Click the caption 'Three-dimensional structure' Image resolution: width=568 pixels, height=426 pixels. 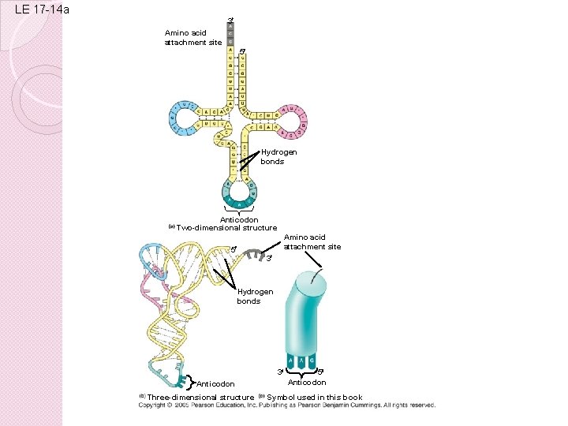tap(200, 397)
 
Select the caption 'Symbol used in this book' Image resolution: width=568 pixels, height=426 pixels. tap(315, 397)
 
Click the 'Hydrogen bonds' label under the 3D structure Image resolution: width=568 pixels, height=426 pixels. tap(255, 296)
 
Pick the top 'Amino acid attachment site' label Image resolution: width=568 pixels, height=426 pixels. tap(193, 37)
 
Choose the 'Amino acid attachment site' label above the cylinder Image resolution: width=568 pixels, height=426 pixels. tap(312, 241)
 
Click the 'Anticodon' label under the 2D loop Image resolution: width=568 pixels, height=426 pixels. tap(239, 219)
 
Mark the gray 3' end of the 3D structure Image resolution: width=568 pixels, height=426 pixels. tap(254, 254)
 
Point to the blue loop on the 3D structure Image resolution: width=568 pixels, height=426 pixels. tap(152, 254)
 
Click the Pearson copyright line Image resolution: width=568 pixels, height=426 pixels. tap(286, 405)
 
